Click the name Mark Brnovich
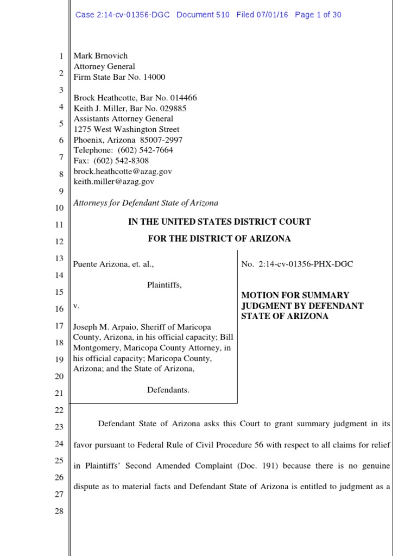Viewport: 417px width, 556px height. tap(100, 56)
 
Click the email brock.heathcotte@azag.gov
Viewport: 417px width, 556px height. tap(123, 171)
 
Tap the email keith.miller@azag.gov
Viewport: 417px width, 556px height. tap(114, 181)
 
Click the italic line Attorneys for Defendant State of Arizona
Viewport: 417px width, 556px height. tap(146, 203)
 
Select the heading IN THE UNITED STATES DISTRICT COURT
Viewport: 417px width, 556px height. tap(219, 222)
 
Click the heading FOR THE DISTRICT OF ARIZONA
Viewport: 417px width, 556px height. tap(219, 238)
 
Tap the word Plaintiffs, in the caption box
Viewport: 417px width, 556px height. tap(165, 285)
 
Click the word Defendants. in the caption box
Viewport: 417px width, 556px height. tap(168, 390)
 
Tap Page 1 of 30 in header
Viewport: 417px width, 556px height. tap(318, 15)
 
